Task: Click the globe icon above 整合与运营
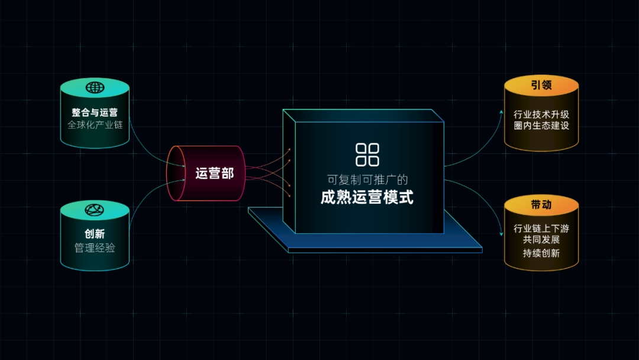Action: point(95,88)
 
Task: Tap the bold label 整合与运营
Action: point(95,112)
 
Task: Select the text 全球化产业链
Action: point(95,125)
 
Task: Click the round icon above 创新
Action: point(95,210)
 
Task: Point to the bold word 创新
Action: point(95,234)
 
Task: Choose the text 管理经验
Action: point(95,247)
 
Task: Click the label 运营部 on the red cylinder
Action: point(215,173)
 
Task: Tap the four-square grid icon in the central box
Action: point(367,154)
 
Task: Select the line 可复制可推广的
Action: point(367,179)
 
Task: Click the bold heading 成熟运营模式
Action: point(367,197)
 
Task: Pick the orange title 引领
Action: point(541,85)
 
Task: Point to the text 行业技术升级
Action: point(541,114)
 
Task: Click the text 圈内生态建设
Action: point(541,126)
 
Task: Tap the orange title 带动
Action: point(541,205)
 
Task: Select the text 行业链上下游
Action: point(541,229)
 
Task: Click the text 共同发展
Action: point(541,240)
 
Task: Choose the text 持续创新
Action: point(541,253)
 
